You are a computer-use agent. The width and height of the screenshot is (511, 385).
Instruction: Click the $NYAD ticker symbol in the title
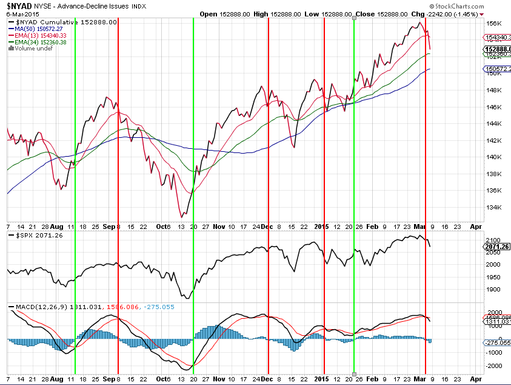pos(19,5)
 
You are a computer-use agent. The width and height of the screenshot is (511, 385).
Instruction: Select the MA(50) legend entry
pos(37,28)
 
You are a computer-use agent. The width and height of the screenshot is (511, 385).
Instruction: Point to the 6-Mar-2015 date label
pos(20,14)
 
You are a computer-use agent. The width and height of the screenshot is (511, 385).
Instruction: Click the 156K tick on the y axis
pos(494,24)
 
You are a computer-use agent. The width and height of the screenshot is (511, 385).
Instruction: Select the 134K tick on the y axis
pos(494,207)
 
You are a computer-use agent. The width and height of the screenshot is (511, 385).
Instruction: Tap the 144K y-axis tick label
pos(494,124)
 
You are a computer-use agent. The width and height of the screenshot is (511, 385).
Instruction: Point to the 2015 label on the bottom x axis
pos(321,378)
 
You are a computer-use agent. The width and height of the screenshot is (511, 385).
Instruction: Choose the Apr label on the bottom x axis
pos(476,378)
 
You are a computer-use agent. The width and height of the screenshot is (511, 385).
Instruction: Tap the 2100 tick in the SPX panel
pos(493,240)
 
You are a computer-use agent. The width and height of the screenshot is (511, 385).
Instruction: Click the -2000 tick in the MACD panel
pos(493,366)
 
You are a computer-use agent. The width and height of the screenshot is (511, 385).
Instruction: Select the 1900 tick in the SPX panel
pos(493,289)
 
